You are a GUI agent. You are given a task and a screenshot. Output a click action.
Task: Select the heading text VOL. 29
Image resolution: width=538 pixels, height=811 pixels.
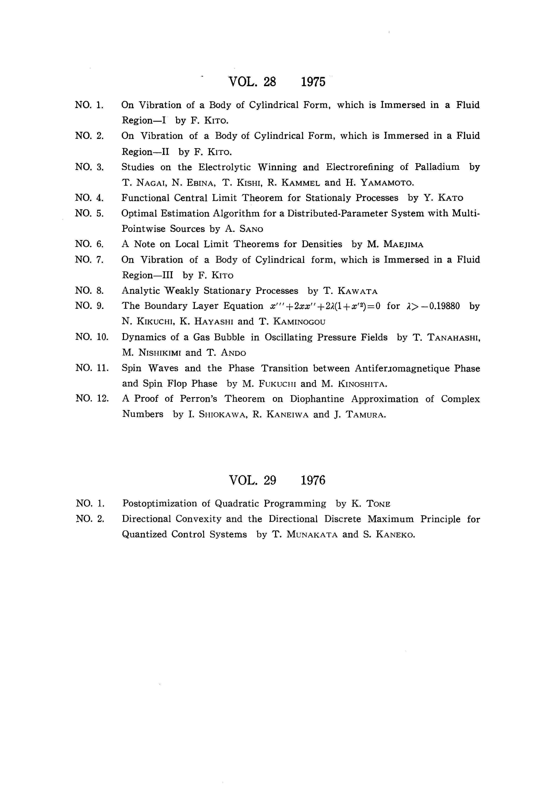[x=252, y=480]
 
